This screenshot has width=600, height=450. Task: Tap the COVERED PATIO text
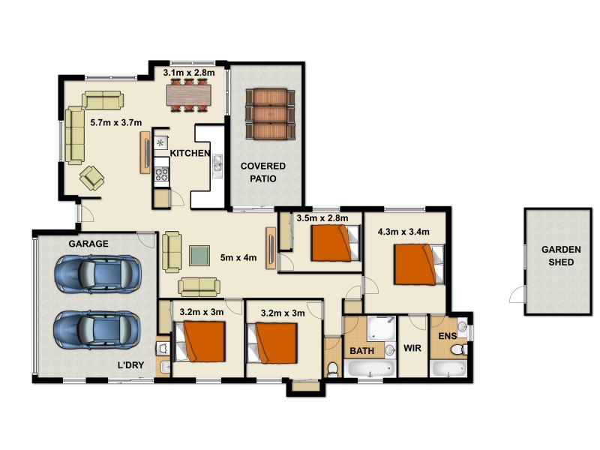pos(258,172)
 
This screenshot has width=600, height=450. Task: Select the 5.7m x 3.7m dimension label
pos(115,121)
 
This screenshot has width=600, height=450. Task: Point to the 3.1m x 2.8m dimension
pos(189,73)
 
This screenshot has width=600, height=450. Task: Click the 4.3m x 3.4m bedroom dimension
pos(403,232)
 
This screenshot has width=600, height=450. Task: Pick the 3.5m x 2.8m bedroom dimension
pos(322,219)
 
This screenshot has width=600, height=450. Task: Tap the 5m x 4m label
pos(238,258)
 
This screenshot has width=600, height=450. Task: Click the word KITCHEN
pos(190,153)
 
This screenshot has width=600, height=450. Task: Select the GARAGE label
pos(88,244)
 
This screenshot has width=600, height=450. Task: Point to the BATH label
pos(362,349)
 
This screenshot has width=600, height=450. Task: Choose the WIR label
pos(412,349)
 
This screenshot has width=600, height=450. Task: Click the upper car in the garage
pos(96,274)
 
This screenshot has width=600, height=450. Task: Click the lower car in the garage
pos(96,329)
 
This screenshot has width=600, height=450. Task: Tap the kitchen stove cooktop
pos(161,175)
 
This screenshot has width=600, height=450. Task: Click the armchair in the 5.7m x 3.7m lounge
pos(92,178)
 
